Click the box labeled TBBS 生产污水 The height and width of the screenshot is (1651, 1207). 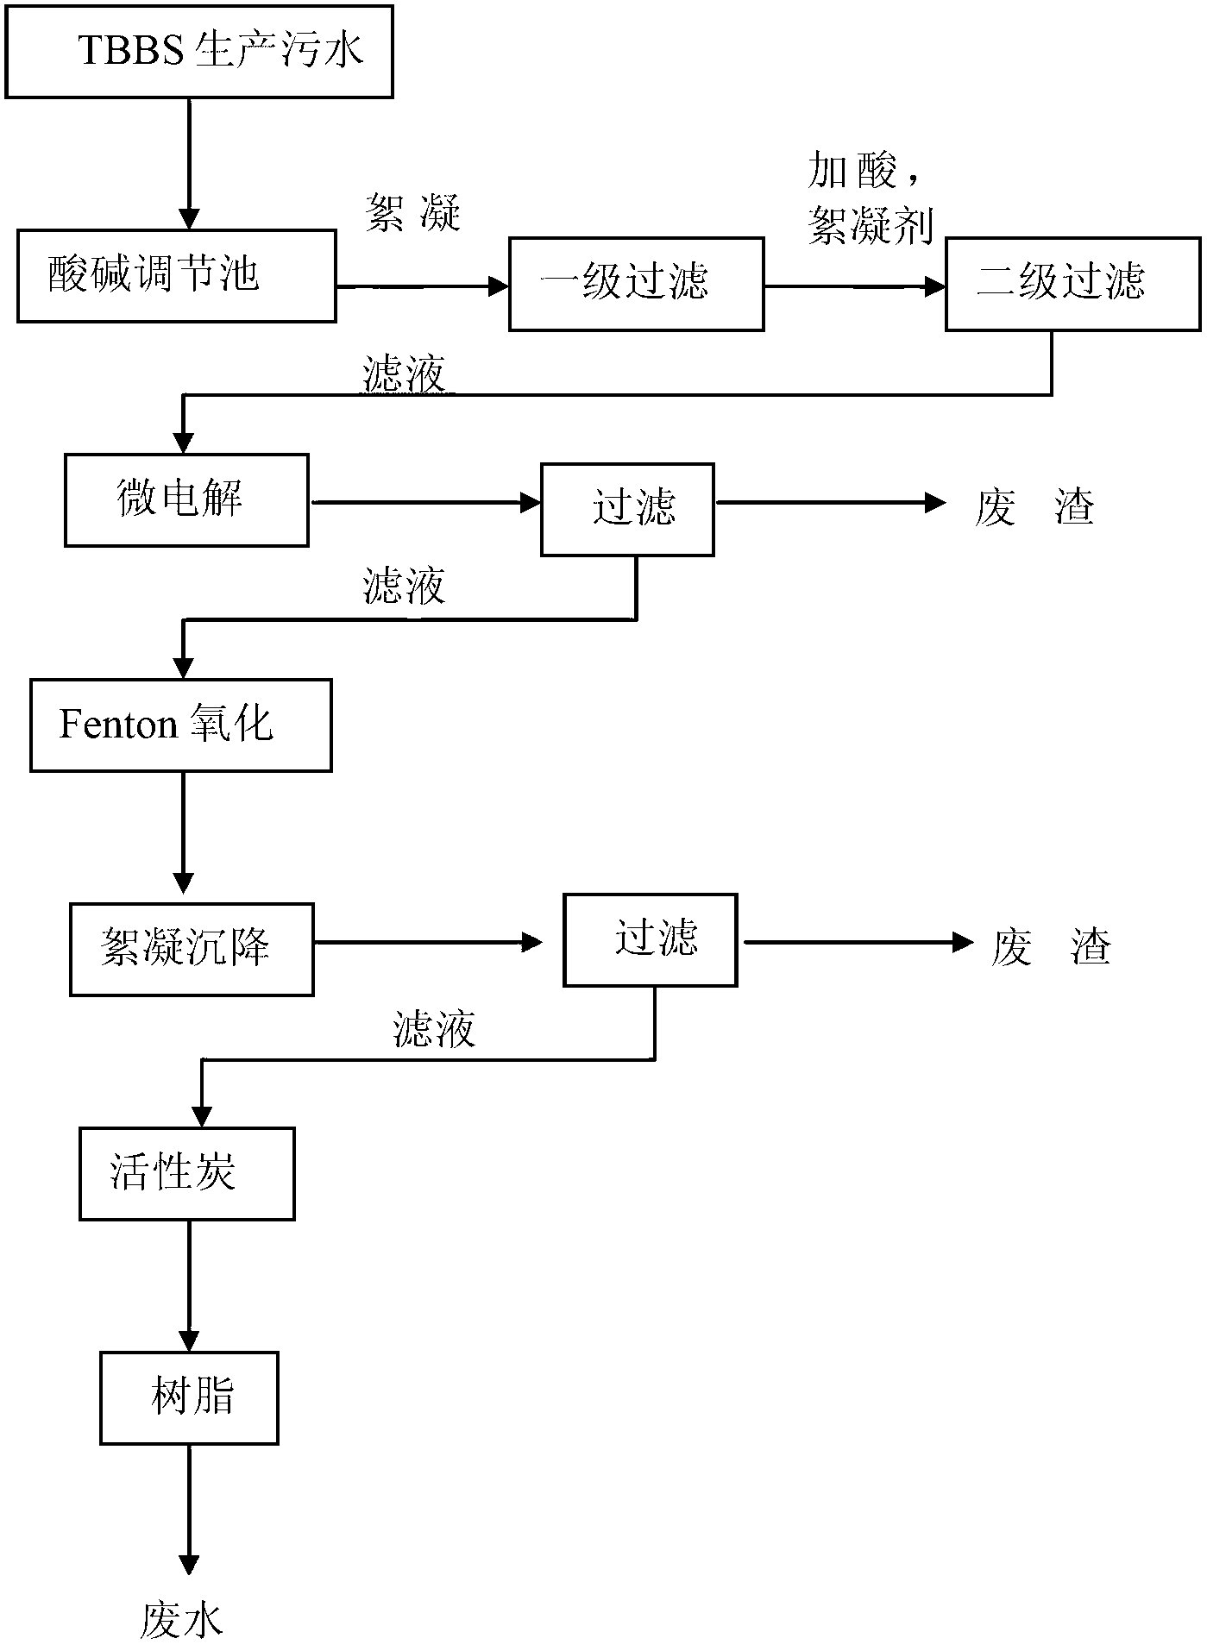pos(199,52)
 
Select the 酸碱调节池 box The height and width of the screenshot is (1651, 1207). pos(177,276)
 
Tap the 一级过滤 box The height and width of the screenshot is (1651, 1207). pos(637,284)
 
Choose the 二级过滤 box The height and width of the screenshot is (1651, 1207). pos(1073,284)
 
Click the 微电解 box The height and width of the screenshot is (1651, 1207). pos(187,501)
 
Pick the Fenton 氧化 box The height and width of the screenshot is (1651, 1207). pos(181,725)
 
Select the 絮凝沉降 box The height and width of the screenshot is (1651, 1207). pos(192,950)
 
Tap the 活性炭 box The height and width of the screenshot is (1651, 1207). pos(187,1174)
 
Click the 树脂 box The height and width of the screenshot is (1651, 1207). pos(190,1398)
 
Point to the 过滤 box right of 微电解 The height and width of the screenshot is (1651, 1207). pos(627,510)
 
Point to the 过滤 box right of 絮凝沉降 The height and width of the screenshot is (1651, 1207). pos(651,940)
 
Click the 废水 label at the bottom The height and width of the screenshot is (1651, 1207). pos(182,1619)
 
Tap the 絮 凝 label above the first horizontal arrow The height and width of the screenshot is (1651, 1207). pos(413,211)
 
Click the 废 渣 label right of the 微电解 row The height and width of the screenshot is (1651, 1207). pos(1035,506)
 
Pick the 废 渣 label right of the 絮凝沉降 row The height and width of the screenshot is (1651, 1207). pos(1051,946)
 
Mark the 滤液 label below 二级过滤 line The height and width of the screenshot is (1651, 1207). pos(405,375)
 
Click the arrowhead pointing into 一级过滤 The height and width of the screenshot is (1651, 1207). pos(499,286)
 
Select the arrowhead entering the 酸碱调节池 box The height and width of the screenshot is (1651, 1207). pos(188,219)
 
